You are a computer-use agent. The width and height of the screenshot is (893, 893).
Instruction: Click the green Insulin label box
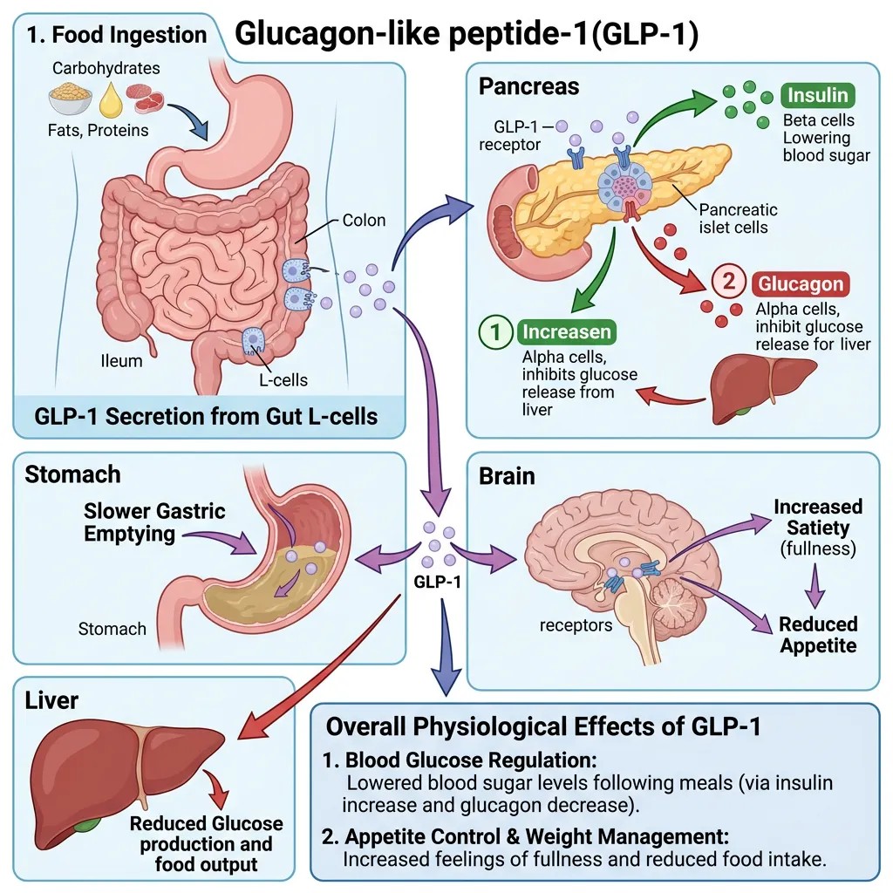(818, 95)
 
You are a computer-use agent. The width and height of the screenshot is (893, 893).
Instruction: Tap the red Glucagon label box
(800, 284)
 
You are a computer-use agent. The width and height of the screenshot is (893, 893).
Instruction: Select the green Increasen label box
(565, 332)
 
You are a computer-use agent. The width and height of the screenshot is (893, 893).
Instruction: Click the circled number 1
(494, 333)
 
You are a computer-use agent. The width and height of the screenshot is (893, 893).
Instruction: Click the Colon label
(364, 221)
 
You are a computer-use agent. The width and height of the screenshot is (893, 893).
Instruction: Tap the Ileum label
(122, 360)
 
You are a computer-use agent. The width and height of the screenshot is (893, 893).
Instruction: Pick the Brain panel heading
(507, 477)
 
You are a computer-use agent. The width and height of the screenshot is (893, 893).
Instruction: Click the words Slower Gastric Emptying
(154, 521)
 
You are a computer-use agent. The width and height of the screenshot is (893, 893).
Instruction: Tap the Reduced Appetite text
(818, 635)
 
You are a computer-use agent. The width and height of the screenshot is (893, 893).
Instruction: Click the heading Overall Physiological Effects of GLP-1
(542, 726)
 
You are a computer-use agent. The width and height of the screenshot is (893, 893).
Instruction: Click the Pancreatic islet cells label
(738, 219)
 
